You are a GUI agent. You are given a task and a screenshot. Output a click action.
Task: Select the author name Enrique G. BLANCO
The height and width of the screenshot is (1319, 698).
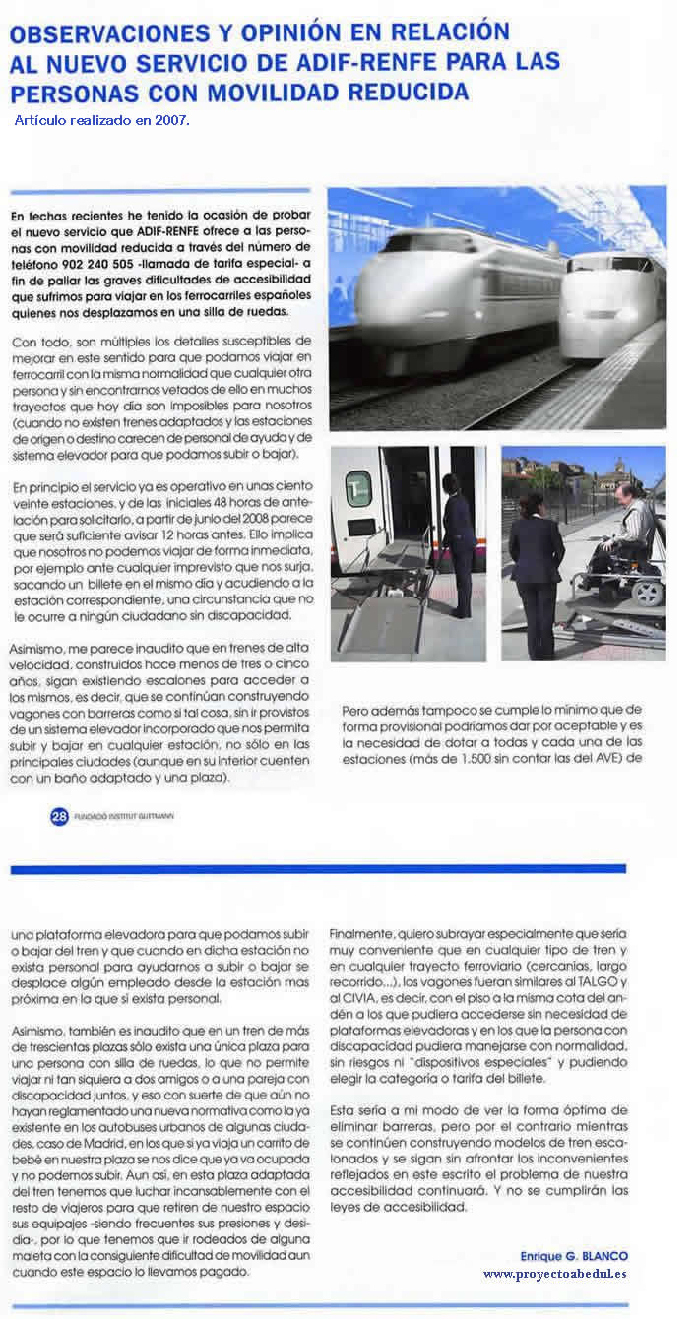(x=573, y=1255)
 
